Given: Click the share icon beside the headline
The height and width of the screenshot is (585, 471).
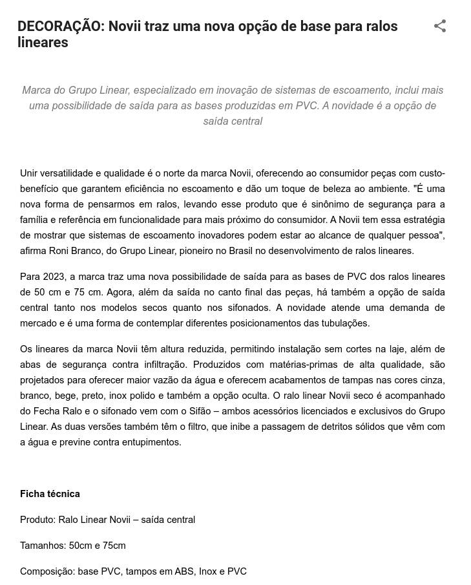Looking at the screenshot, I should pyautogui.click(x=440, y=26).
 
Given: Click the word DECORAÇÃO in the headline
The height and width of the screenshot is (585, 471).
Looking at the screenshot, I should pyautogui.click(x=60, y=27).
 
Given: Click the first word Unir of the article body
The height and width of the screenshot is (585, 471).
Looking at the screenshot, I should pyautogui.click(x=30, y=173).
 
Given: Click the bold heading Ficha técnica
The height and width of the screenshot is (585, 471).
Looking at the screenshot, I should pyautogui.click(x=50, y=494).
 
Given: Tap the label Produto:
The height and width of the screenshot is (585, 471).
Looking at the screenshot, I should pyautogui.click(x=37, y=520).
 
